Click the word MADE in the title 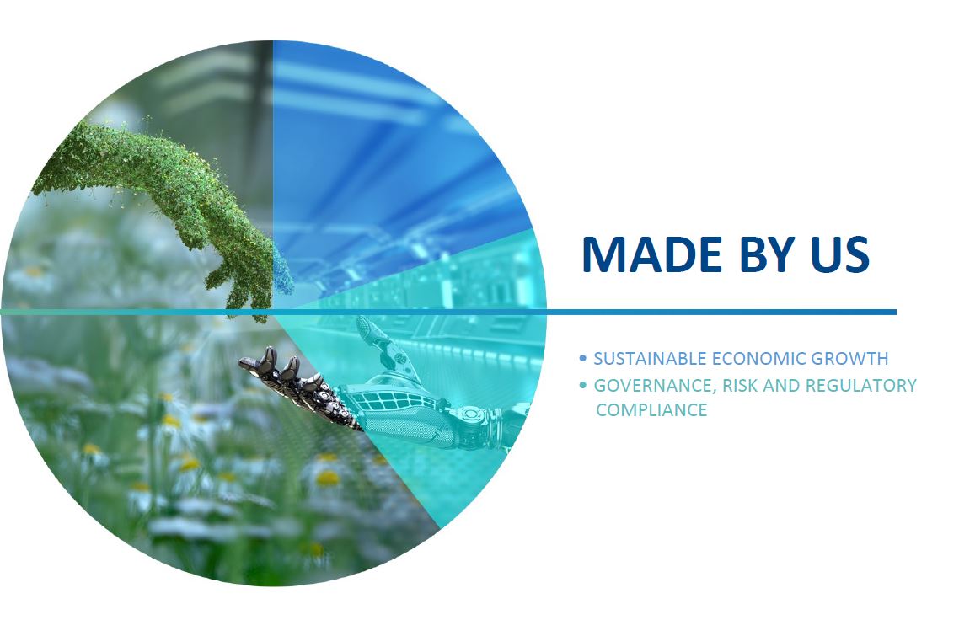pyautogui.click(x=652, y=254)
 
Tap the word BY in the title pyautogui.click(x=766, y=254)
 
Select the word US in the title pyautogui.click(x=839, y=254)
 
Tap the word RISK pyautogui.click(x=739, y=386)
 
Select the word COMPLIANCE pyautogui.click(x=651, y=409)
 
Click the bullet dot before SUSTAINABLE pyautogui.click(x=582, y=358)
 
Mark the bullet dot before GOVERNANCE pyautogui.click(x=582, y=385)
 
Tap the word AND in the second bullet pyautogui.click(x=781, y=386)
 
